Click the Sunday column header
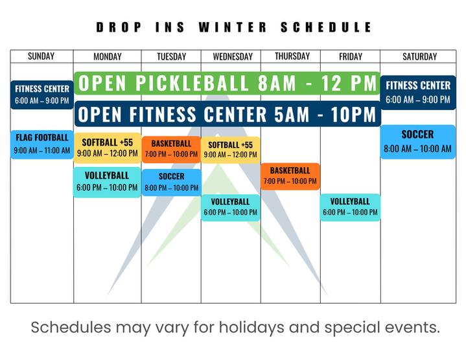41,56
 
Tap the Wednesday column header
231,56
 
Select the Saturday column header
419,56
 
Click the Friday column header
351,56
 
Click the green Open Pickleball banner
227,84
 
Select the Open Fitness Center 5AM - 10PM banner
227,114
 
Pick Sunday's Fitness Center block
41,94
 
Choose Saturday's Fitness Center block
418,92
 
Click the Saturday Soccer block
418,141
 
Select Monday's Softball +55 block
107,148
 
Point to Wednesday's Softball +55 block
231,150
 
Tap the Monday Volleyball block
107,181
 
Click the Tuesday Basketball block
171,149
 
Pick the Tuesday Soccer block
171,182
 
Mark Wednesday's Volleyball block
231,207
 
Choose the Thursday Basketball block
290,175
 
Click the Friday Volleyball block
350,207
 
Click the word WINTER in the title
232,28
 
